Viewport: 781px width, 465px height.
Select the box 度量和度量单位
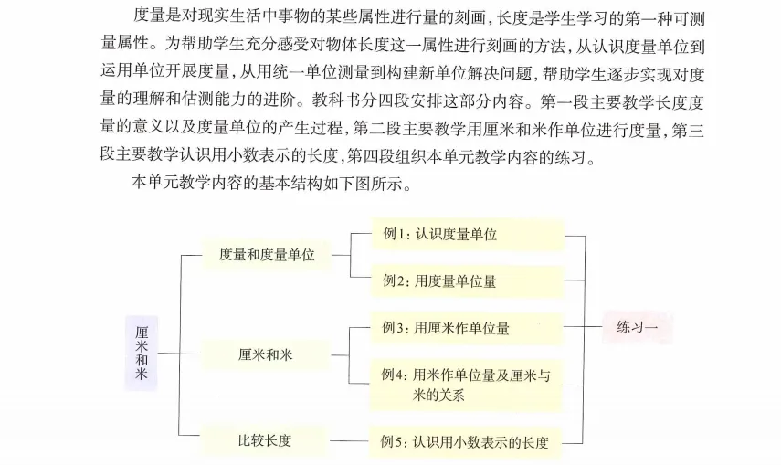tap(267, 255)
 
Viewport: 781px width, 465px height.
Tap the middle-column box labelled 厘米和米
tap(267, 354)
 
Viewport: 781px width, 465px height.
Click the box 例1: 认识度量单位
tap(467, 234)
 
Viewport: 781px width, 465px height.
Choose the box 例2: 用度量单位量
tap(467, 280)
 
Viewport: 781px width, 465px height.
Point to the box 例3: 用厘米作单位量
tap(467, 327)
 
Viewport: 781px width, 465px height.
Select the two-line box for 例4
tap(467, 385)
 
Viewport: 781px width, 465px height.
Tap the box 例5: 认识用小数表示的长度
tap(467, 442)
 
